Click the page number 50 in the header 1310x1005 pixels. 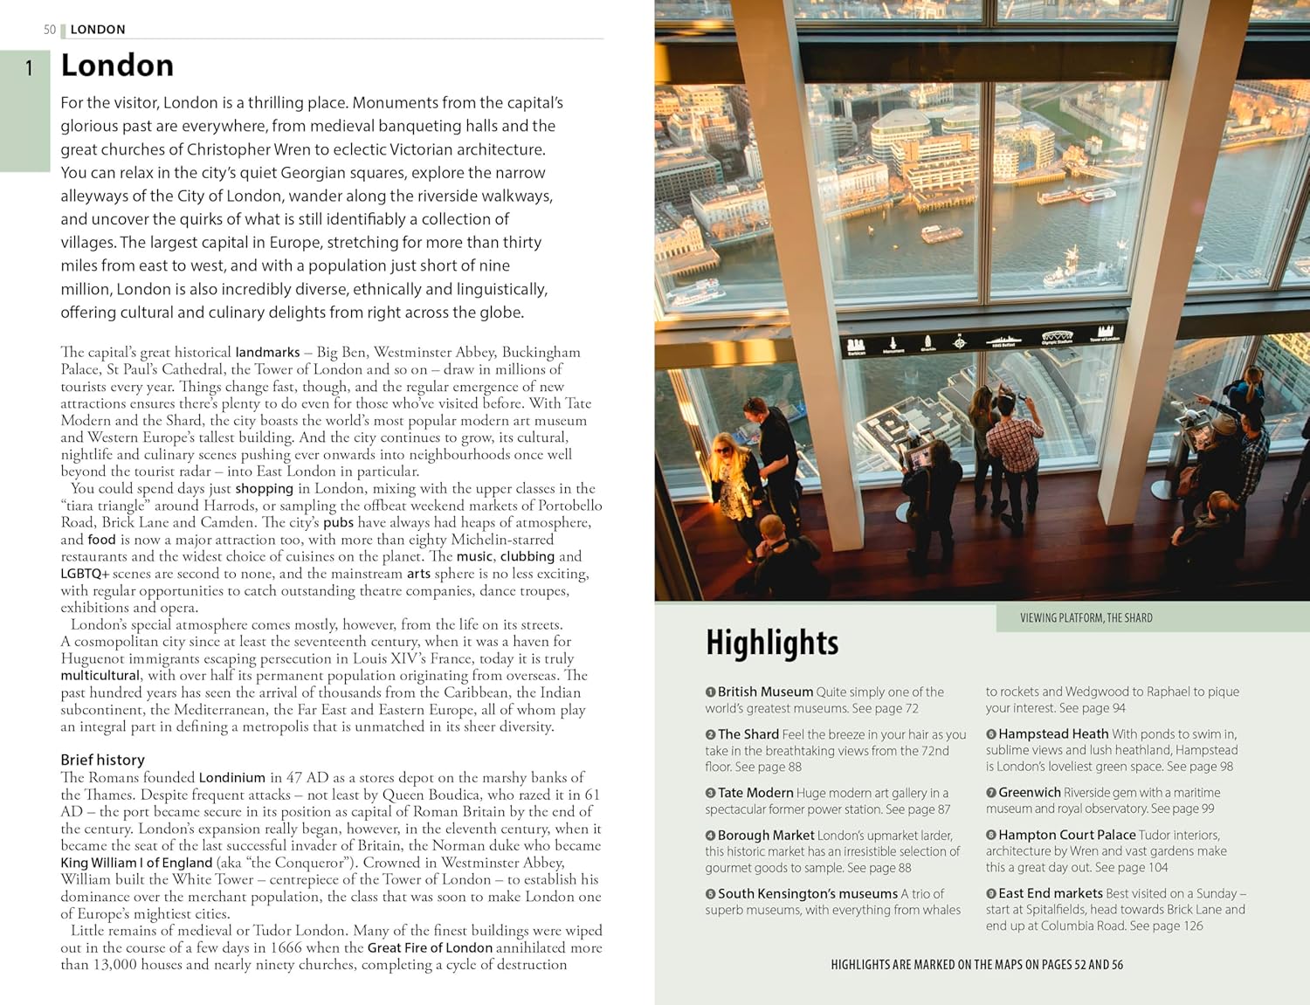[50, 30]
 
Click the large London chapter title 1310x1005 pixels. [117, 65]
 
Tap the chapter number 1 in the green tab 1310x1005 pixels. [29, 67]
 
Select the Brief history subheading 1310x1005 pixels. [102, 760]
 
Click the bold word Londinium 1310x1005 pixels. [231, 777]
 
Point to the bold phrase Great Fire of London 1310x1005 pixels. [430, 947]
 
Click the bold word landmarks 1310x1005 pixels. [267, 352]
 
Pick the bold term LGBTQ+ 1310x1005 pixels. [85, 574]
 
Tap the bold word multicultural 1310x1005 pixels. [100, 675]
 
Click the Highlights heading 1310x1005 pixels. [772, 643]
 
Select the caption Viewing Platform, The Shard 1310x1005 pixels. [1086, 618]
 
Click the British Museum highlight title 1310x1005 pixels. [765, 692]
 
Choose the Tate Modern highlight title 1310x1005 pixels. [755, 793]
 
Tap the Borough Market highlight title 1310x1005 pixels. [766, 836]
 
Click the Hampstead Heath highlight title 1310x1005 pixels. [1053, 734]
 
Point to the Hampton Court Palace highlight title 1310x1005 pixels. [1066, 835]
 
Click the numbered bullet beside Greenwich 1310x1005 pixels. [991, 793]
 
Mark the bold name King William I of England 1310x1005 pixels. [136, 863]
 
